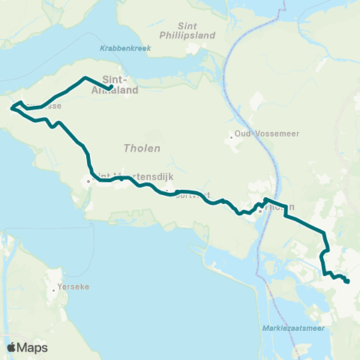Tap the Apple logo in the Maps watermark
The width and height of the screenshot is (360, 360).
coord(12,347)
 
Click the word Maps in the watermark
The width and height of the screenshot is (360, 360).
coord(32,347)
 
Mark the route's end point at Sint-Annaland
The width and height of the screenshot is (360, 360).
coord(112,88)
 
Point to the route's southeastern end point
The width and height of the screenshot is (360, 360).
coord(348,281)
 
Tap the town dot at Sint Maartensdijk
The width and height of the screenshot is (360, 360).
coord(88,180)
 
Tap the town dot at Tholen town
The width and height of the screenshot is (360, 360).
coord(259,211)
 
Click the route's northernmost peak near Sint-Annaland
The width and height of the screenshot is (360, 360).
coord(83,78)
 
